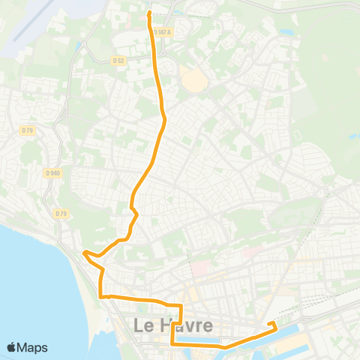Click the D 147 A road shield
pyautogui.click(x=163, y=32)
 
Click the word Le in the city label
pyautogui.click(x=144, y=326)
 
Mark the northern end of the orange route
pyautogui.click(x=149, y=13)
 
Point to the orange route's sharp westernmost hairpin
pyautogui.click(x=84, y=253)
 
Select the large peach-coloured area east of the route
pyautogui.click(x=193, y=79)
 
